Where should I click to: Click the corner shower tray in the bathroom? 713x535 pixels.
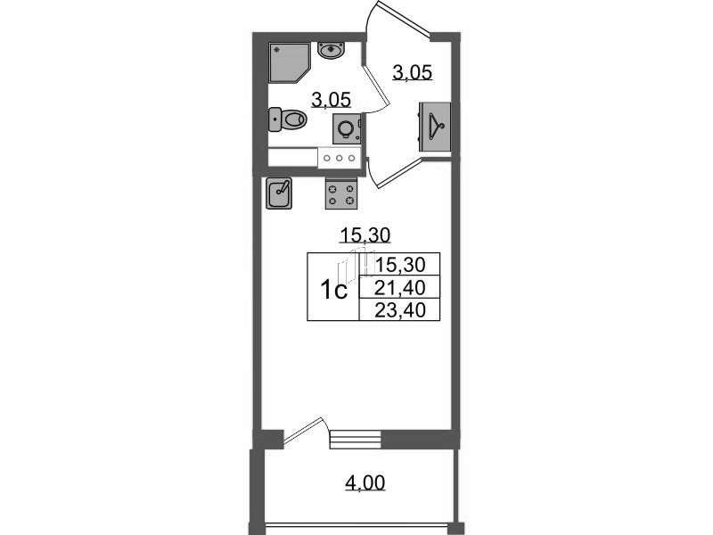(291, 61)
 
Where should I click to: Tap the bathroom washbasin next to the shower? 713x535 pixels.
(332, 50)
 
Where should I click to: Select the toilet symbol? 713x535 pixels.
(286, 118)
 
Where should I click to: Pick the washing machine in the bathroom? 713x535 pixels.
(347, 128)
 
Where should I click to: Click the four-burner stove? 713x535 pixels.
(341, 193)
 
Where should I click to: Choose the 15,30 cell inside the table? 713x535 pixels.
(401, 264)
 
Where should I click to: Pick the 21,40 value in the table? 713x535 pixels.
(401, 286)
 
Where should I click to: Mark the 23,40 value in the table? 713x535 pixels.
(401, 309)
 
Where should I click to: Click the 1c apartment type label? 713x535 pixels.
(333, 290)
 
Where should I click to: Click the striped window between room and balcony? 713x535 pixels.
(355, 439)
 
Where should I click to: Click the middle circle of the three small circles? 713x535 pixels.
(340, 157)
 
